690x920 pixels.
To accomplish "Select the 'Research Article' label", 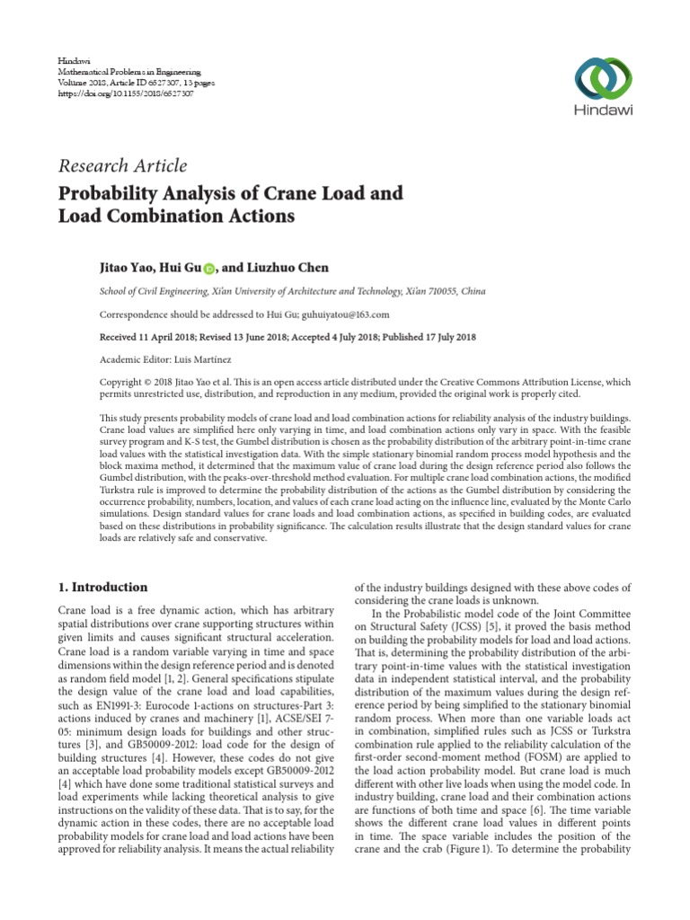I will point(122,165).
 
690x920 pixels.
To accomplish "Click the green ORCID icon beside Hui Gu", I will point(209,269).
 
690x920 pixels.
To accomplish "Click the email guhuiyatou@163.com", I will point(346,315).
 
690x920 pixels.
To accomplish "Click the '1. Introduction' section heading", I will point(103,588).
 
